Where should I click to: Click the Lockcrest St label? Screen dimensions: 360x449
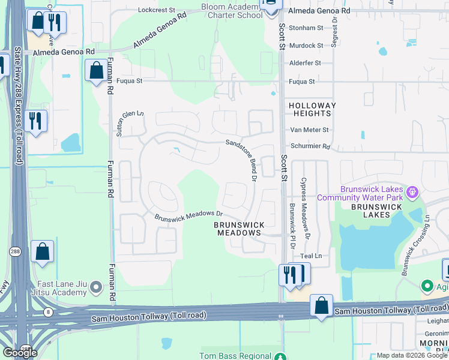156,10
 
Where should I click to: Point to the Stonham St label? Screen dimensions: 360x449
306,28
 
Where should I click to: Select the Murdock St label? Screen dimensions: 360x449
306,46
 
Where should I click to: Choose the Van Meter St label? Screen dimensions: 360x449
309,130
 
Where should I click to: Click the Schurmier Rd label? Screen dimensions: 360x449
310,146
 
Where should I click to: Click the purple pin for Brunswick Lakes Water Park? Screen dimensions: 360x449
412,193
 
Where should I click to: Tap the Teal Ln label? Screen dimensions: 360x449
310,256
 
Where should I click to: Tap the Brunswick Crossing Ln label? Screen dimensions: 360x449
415,245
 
